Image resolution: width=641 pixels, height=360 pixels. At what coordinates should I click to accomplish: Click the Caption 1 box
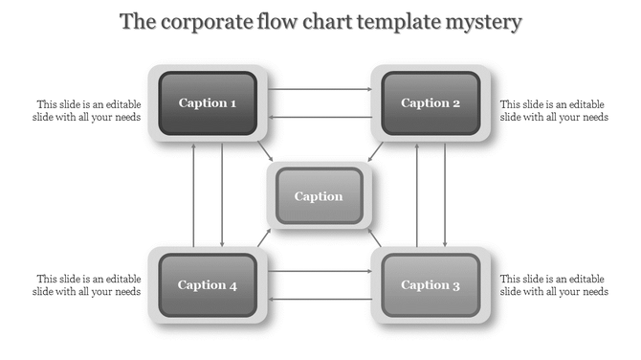[208, 103]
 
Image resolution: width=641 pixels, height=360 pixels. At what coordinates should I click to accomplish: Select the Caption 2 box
[431, 103]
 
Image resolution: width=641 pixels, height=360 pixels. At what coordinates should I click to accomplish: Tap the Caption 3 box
[431, 284]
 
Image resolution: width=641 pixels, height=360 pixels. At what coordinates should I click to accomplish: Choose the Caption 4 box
[208, 284]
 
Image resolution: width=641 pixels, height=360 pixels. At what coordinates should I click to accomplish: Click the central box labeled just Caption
[319, 196]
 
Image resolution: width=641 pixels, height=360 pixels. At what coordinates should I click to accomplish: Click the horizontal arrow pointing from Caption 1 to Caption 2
[320, 89]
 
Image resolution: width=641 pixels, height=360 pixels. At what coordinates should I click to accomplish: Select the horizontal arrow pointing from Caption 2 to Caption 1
[320, 117]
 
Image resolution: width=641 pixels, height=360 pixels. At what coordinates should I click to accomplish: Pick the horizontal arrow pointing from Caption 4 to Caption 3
[320, 271]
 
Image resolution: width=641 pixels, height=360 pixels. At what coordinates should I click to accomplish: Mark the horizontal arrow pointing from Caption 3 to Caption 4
[320, 299]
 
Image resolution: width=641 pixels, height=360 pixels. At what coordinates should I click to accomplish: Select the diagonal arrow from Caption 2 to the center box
[377, 152]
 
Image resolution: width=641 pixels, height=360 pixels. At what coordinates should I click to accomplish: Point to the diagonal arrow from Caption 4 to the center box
[264, 238]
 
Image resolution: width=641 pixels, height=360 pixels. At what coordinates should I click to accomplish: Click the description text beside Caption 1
[89, 111]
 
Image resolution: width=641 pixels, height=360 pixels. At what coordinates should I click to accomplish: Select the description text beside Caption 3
[554, 285]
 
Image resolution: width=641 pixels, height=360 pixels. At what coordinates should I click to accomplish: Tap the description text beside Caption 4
[89, 285]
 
